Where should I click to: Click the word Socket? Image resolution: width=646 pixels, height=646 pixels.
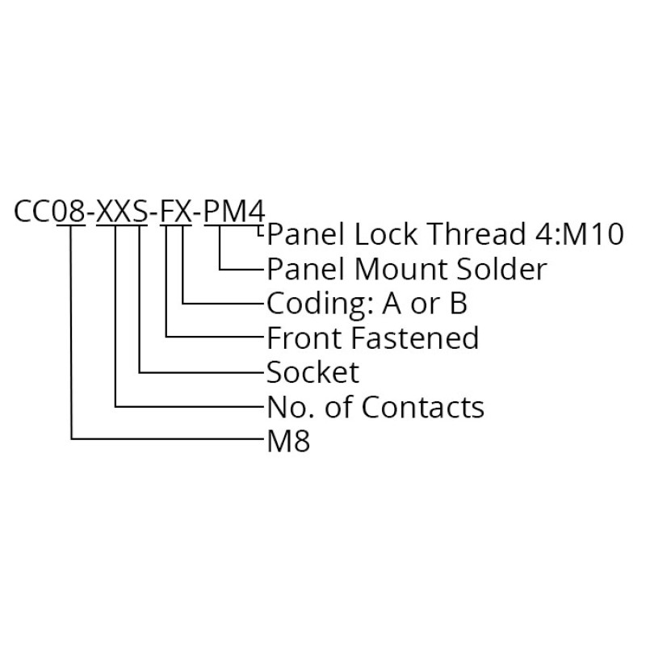tap(313, 372)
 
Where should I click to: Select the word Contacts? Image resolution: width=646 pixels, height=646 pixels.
tap(422, 407)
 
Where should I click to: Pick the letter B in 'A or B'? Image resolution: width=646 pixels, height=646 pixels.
tap(457, 304)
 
